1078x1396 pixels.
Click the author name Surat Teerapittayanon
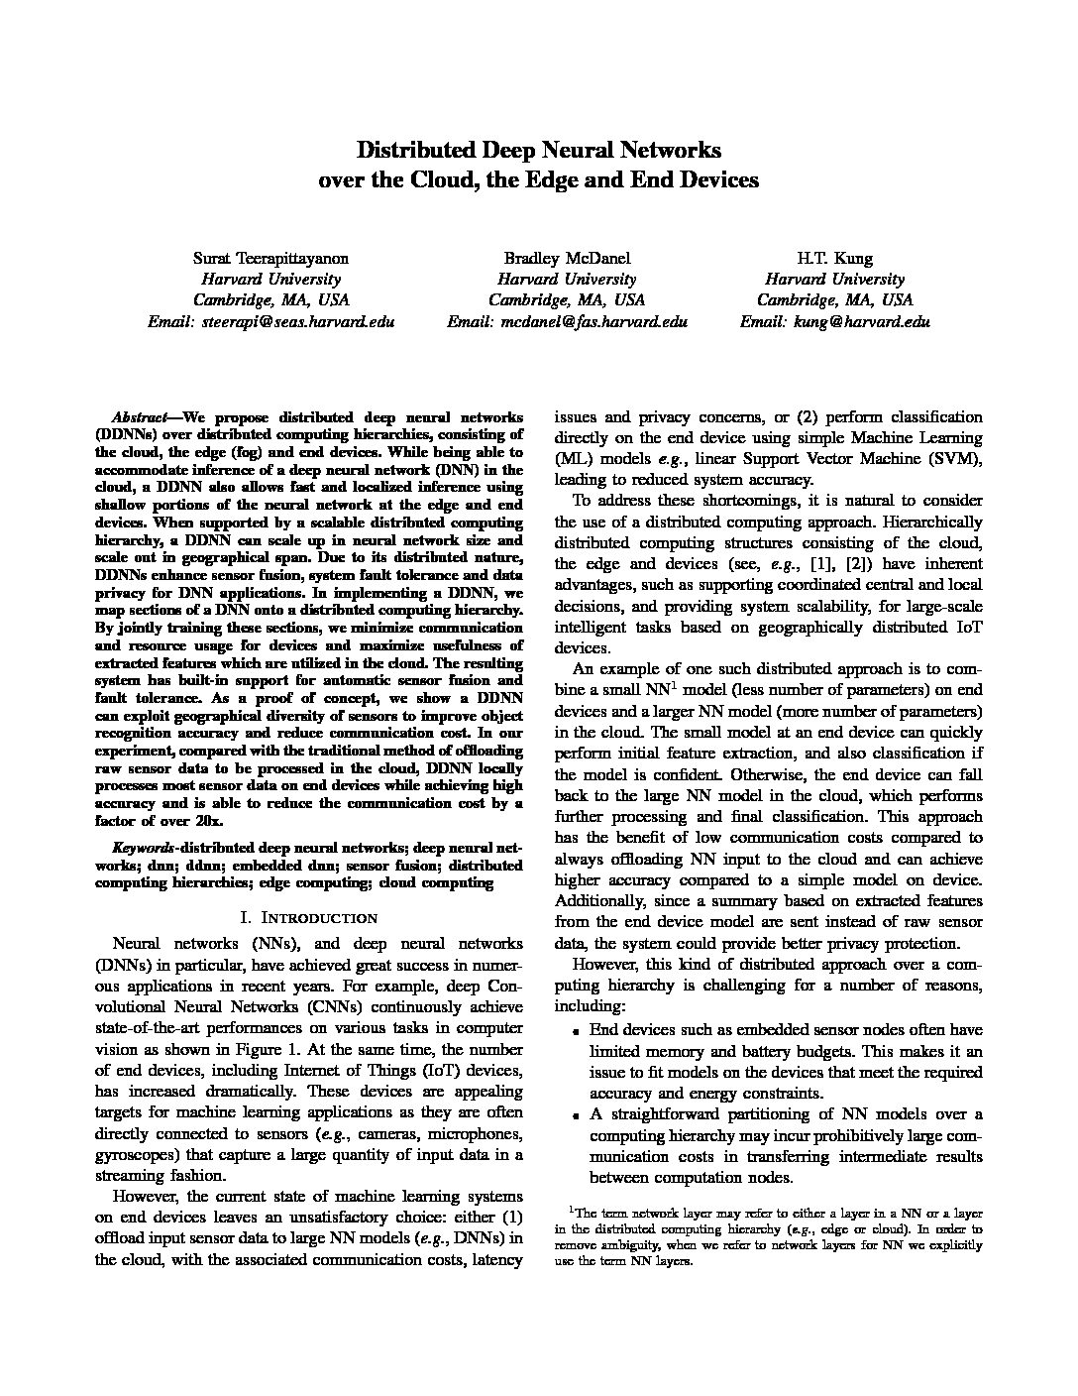[x=270, y=259]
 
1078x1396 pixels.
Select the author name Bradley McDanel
[x=567, y=259]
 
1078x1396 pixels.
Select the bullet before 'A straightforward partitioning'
[x=576, y=1115]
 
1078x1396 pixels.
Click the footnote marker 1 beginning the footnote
[x=571, y=1209]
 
